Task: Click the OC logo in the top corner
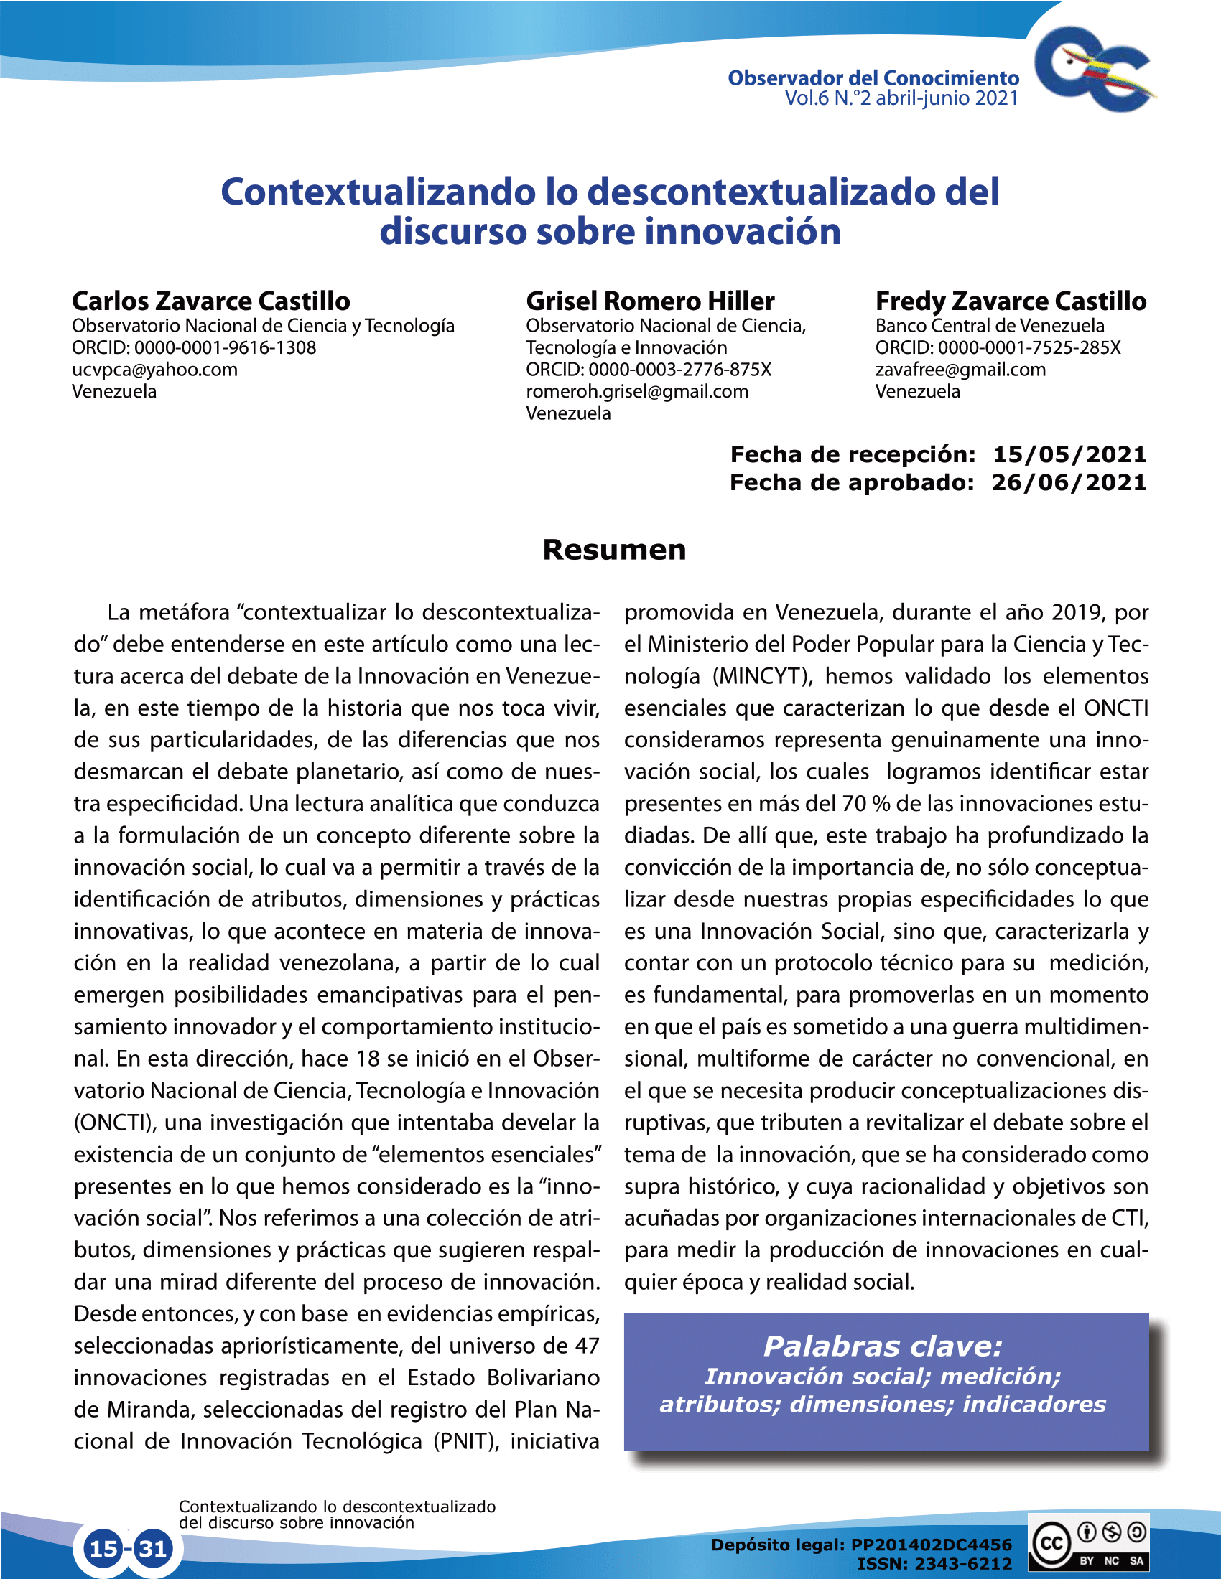pos(1094,70)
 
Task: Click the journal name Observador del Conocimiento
pos(873,78)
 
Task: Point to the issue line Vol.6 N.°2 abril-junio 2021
pos(901,98)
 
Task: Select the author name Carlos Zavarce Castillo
pos(210,301)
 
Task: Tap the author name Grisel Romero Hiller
pos(649,301)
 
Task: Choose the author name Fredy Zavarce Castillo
pos(1011,301)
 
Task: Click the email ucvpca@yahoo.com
pos(154,370)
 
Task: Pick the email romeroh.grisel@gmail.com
pos(636,391)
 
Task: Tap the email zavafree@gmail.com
pos(960,370)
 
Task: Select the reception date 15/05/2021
pos(1069,454)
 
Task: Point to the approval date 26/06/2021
pos(1069,482)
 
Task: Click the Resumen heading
pos(613,550)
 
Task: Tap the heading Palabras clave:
pos(883,1346)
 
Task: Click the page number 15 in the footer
pos(103,1548)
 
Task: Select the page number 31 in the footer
pos(152,1548)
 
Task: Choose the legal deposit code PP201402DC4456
pos(931,1545)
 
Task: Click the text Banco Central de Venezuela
pos(990,326)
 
